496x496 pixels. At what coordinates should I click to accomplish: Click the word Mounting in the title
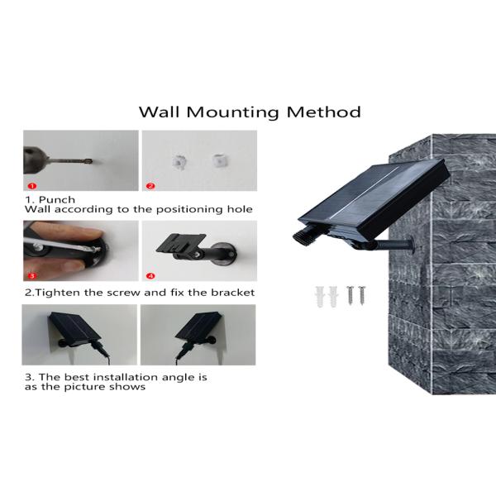(x=232, y=112)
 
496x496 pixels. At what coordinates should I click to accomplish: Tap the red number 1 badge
(x=32, y=186)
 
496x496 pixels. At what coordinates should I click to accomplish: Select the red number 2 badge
(x=150, y=186)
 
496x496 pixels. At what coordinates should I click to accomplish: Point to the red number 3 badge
(x=32, y=276)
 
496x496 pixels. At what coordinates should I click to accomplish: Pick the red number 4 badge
(x=150, y=276)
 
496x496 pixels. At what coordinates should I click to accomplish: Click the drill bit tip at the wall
(x=91, y=161)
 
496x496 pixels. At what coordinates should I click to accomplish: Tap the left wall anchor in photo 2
(x=179, y=162)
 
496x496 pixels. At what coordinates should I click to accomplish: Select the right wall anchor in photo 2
(x=218, y=160)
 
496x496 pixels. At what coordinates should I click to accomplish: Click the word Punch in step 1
(x=57, y=200)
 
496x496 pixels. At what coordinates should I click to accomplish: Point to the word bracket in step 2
(x=233, y=293)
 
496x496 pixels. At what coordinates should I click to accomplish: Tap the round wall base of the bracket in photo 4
(x=225, y=254)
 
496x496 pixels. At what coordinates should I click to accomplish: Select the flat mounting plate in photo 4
(x=180, y=243)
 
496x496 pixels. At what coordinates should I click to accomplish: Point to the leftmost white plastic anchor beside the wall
(x=320, y=296)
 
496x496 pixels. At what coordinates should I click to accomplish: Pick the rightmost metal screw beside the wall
(x=361, y=295)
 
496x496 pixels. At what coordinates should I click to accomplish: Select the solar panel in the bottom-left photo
(x=74, y=327)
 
